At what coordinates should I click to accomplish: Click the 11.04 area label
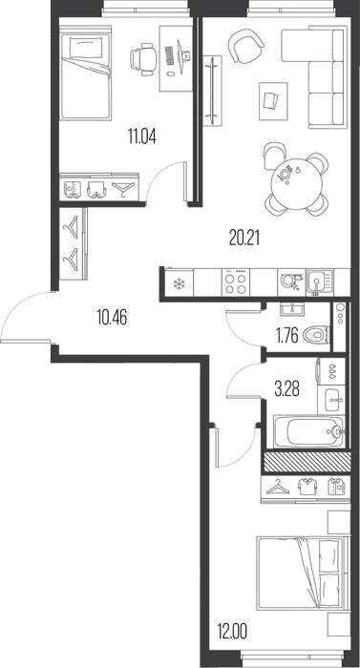pos(141,136)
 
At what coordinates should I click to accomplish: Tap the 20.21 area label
pos(244,239)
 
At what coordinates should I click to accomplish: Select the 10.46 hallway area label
pos(112,318)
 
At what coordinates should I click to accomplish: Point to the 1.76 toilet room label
pos(287,335)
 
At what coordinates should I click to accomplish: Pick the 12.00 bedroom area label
pos(232,631)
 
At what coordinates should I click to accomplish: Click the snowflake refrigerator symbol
pos(178,283)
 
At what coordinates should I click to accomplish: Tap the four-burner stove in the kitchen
pos(236,282)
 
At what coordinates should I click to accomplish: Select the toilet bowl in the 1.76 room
pos(316,335)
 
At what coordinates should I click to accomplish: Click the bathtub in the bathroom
pos(308,431)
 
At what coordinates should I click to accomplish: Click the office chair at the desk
pos(142,59)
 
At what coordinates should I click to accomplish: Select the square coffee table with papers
pos(273,101)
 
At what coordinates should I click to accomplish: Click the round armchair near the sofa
pos(245,46)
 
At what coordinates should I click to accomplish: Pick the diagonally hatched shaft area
pos(307,462)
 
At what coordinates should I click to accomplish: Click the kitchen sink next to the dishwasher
pos(320,282)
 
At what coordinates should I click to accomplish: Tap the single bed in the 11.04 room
pos(86,73)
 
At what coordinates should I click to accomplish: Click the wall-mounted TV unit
pos(212,91)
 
